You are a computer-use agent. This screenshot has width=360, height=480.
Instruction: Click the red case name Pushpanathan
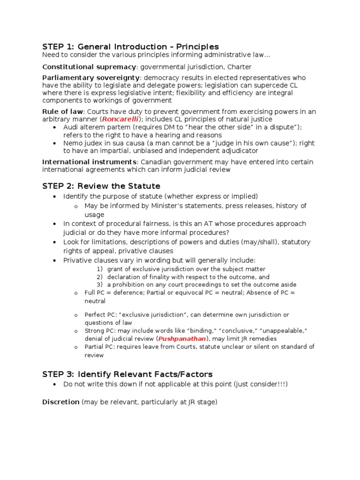(182, 338)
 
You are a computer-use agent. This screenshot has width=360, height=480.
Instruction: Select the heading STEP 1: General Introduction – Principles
(130, 46)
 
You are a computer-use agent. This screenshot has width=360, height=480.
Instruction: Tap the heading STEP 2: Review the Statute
(101, 186)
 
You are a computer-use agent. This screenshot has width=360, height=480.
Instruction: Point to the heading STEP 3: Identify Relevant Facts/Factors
(127, 374)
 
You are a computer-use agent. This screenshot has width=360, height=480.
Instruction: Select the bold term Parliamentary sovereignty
(91, 77)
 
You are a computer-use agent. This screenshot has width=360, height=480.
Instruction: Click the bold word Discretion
(61, 402)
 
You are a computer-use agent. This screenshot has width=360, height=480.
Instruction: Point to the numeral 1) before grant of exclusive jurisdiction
(99, 269)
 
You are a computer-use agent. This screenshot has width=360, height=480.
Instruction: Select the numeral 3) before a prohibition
(99, 285)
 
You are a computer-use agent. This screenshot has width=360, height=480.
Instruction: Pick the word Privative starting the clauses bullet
(77, 260)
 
